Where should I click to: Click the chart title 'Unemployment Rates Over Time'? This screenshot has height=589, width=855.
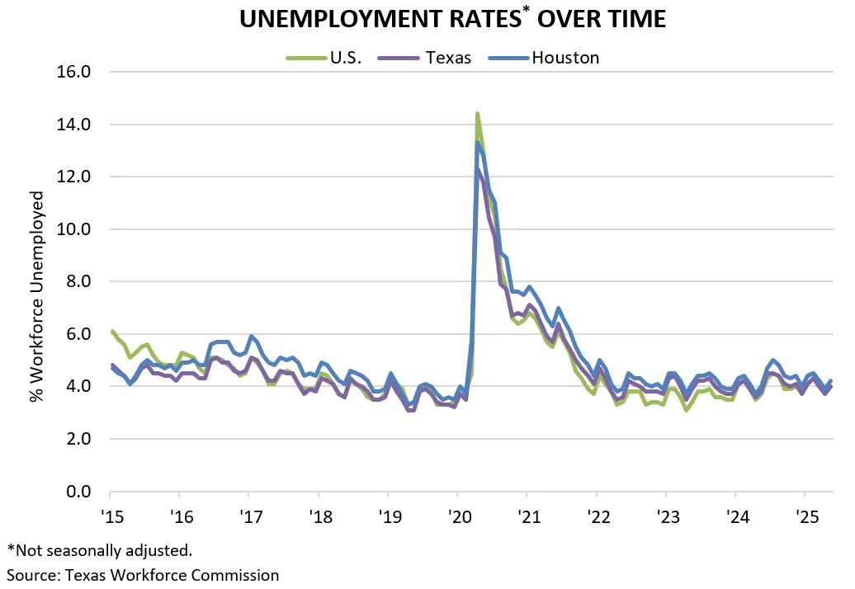click(452, 19)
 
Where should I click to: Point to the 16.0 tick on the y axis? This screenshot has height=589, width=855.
click(73, 72)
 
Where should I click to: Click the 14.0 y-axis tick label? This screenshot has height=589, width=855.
click(73, 125)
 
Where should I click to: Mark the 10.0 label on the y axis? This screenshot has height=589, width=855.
click(73, 229)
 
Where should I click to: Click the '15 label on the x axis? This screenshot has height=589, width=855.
click(111, 517)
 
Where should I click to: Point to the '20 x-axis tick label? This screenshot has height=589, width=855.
click(459, 517)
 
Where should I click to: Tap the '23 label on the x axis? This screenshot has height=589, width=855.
click(668, 517)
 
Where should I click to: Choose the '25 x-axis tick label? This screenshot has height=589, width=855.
click(806, 517)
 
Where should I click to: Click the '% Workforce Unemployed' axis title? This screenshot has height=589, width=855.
click(37, 297)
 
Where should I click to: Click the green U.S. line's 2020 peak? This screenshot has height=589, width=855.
click(477, 114)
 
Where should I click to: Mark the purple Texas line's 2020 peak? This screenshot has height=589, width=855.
click(478, 169)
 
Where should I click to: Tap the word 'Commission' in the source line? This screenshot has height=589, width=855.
click(239, 574)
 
